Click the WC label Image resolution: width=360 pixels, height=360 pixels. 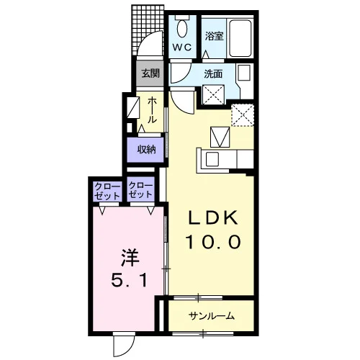[182, 48]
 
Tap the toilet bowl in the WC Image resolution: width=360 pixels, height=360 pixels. [182, 28]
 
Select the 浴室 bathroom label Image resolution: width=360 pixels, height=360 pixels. [214, 36]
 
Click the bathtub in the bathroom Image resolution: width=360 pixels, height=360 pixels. [240, 38]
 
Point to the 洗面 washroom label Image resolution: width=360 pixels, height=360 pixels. [213, 74]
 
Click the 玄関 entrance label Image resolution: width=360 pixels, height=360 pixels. [150, 73]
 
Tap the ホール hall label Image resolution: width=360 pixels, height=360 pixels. [152, 110]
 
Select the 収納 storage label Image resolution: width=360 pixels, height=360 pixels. [146, 150]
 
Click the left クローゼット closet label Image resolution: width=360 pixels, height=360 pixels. [107, 191]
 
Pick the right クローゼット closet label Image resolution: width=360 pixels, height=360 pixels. [141, 190]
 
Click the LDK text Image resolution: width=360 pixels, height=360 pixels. [213, 217]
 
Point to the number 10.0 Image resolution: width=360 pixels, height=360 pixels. [213, 242]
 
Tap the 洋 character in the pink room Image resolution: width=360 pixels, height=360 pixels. [130, 258]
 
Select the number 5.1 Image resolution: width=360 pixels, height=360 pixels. [129, 281]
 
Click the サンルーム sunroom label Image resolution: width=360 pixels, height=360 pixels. [212, 316]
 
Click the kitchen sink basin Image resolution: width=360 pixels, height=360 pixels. [212, 159]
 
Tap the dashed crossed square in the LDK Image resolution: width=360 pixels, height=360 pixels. [243, 115]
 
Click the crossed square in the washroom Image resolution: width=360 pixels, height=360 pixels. [214, 94]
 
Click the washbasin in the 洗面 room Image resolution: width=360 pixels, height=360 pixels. [244, 72]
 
